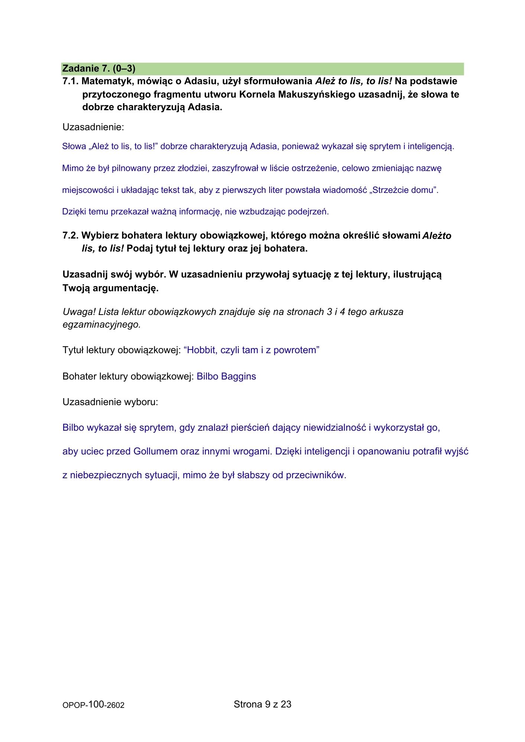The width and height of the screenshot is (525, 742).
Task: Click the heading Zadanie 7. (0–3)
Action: click(99, 69)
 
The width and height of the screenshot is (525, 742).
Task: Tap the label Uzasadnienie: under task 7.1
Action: click(93, 127)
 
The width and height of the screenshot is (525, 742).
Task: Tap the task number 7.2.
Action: click(71, 236)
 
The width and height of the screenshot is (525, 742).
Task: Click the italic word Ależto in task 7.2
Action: click(437, 236)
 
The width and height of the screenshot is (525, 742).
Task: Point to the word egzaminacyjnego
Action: click(102, 325)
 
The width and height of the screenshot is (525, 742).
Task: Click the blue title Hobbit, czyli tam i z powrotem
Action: click(251, 350)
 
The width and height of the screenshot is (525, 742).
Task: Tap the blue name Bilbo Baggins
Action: click(226, 376)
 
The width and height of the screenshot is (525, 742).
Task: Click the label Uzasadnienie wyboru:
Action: click(110, 402)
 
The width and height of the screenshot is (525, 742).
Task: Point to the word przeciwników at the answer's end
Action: click(316, 475)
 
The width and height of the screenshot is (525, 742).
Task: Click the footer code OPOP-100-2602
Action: click(94, 705)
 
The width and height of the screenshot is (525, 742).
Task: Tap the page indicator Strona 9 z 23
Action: click(262, 704)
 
